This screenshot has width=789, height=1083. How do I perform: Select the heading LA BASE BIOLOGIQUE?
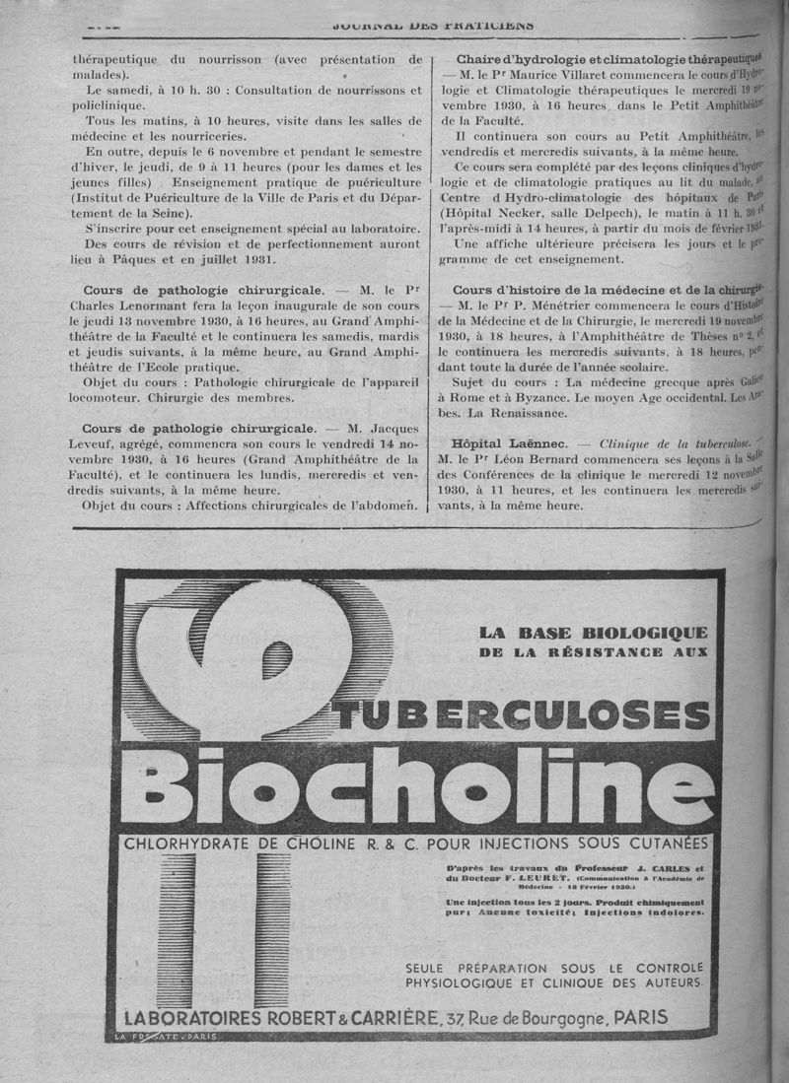(x=593, y=633)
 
